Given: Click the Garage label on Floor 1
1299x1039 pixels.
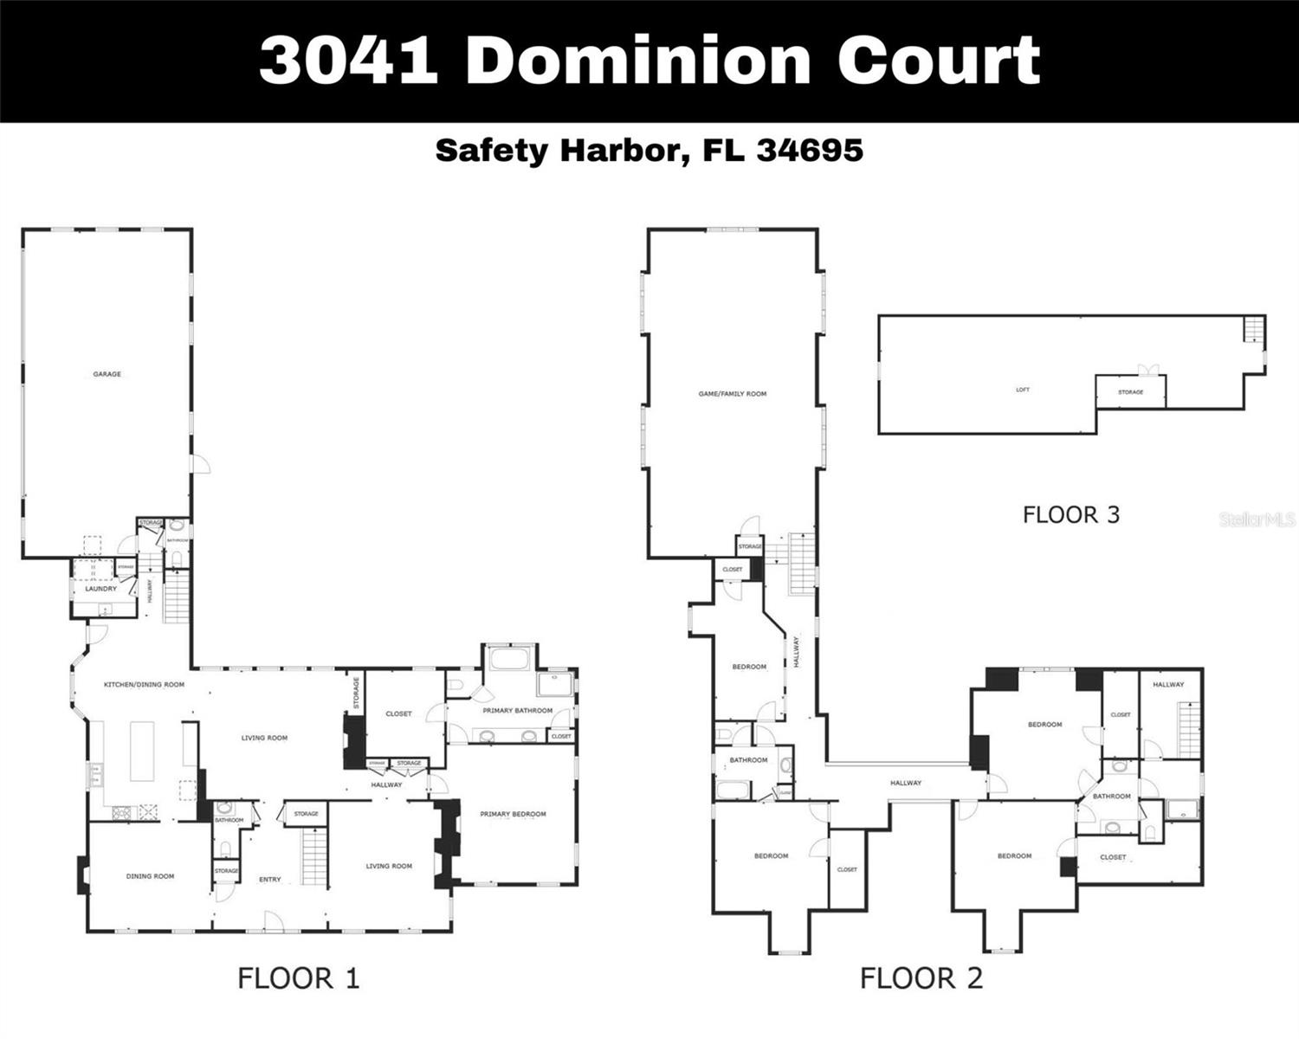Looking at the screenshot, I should pyautogui.click(x=107, y=374).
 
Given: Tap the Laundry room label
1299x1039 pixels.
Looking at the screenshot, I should pyautogui.click(x=100, y=589).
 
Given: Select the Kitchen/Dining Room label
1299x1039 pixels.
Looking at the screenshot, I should pyautogui.click(x=144, y=685).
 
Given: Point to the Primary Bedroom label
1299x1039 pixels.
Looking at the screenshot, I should pyautogui.click(x=513, y=814).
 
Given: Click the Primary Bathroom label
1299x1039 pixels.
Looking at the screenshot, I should pyautogui.click(x=518, y=711).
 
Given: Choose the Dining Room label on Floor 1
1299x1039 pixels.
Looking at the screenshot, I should pyautogui.click(x=150, y=876).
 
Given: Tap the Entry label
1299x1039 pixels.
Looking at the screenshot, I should pyautogui.click(x=269, y=880).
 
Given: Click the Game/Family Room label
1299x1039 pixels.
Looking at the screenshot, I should pyautogui.click(x=732, y=394).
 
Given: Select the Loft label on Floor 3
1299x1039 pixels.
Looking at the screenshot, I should pyautogui.click(x=1023, y=390).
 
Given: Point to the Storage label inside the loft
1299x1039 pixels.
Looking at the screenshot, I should pyautogui.click(x=1130, y=392).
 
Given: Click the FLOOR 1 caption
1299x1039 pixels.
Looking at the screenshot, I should pyautogui.click(x=298, y=978).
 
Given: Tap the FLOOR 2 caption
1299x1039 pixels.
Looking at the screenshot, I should pyautogui.click(x=921, y=978).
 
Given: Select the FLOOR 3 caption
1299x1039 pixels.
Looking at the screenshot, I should pyautogui.click(x=1070, y=515).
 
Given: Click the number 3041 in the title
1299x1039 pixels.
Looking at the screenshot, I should pyautogui.click(x=347, y=60).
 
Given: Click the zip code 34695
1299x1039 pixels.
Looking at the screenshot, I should pyautogui.click(x=810, y=150).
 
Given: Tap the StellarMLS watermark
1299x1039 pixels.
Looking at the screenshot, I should pyautogui.click(x=1257, y=519).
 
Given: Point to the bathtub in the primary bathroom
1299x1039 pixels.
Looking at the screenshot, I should pyautogui.click(x=510, y=658).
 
